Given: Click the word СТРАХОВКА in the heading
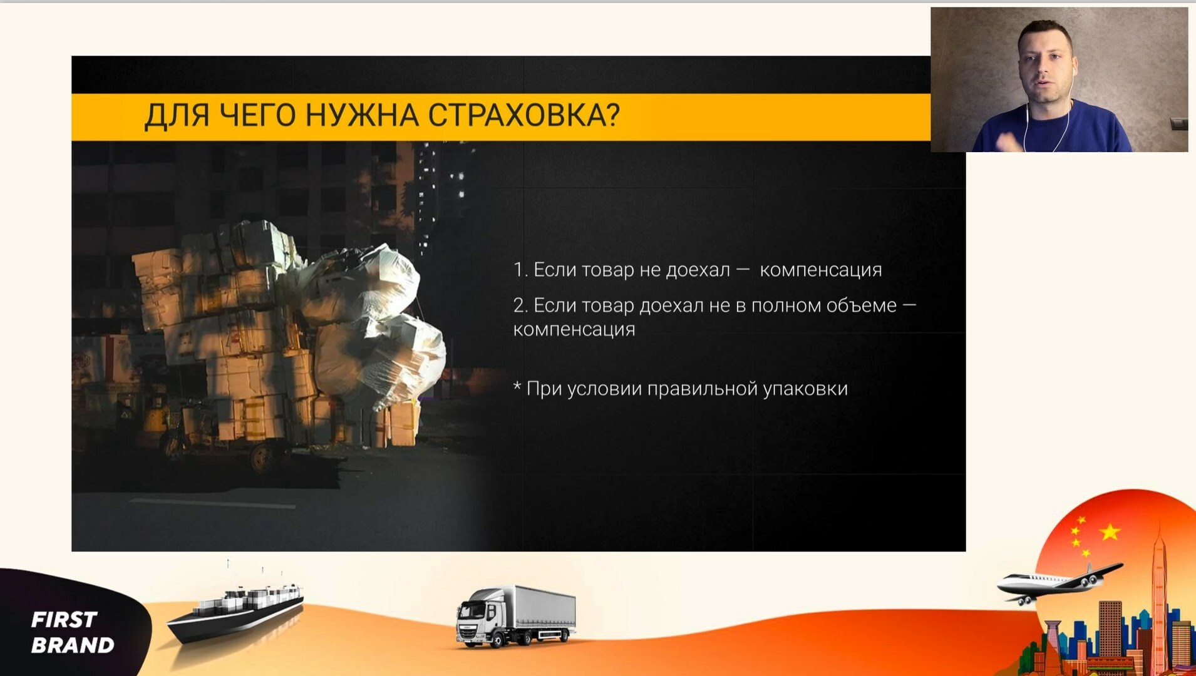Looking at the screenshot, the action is coord(517,115).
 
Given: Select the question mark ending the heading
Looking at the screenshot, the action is coord(613,115).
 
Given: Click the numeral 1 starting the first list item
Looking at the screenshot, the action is coord(518,270).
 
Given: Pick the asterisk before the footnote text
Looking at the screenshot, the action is coord(517,386).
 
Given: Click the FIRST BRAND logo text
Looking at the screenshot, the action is coord(73,632).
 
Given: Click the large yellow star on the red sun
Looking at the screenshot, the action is coord(1110,532).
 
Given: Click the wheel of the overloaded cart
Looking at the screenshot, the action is coord(263,458).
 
